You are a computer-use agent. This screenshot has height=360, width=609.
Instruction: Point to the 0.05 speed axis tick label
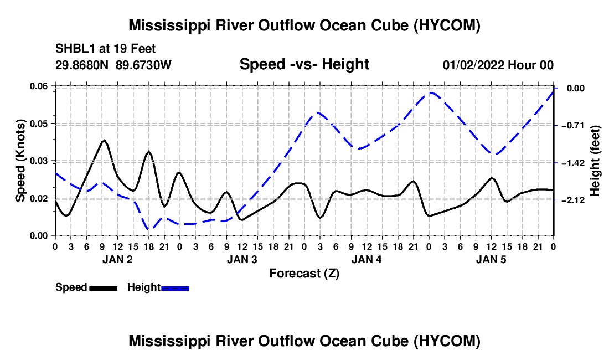tap(39, 124)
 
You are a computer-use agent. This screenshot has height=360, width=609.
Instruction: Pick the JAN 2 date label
tap(118, 259)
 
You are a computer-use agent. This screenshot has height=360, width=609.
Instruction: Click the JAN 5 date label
tap(491, 259)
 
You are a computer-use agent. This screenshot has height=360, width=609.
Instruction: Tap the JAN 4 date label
tap(367, 259)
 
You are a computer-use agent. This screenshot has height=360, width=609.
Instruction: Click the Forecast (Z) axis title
tap(304, 274)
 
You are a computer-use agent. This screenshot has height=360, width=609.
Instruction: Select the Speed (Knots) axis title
tap(20, 161)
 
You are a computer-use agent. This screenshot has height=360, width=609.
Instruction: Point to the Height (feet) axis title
tap(595, 161)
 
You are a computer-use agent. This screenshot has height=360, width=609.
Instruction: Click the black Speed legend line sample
tap(104, 288)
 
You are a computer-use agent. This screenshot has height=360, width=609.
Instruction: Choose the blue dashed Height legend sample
tap(175, 288)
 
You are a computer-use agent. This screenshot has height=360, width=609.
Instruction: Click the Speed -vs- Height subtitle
tap(304, 64)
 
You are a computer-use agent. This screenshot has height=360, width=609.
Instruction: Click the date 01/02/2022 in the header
tap(473, 65)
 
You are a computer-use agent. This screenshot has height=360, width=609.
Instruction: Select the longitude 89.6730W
tap(143, 65)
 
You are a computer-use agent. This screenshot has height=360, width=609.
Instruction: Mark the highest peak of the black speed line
tap(104, 140)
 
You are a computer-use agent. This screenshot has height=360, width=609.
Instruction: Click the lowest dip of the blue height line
tap(149, 229)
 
